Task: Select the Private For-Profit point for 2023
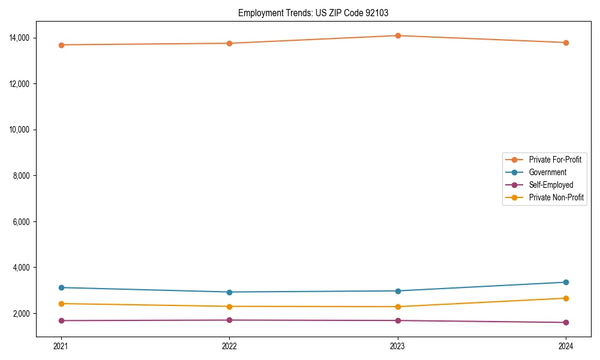[x=398, y=35]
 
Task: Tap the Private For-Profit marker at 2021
[x=61, y=45]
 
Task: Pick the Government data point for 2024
[x=566, y=282]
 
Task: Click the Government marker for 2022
[x=229, y=292]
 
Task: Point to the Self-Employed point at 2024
[x=566, y=322]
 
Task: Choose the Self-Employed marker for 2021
[x=61, y=320]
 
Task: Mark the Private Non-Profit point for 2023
[x=398, y=307]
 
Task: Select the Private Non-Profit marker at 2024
[x=566, y=298]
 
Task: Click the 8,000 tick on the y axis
[x=23, y=176]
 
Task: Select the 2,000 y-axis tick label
[x=23, y=314]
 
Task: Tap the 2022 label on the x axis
[x=229, y=346]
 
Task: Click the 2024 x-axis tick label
[x=566, y=346]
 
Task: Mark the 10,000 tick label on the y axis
[x=21, y=130]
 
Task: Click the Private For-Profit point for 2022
[x=229, y=43]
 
